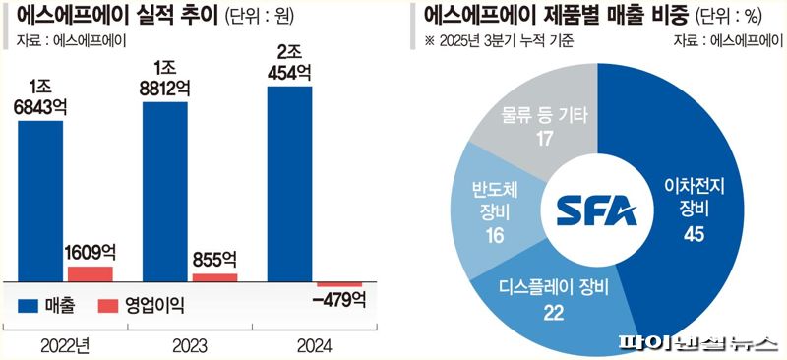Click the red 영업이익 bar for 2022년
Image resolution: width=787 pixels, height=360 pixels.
coord(90,273)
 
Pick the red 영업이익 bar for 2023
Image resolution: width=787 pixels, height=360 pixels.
coord(214,277)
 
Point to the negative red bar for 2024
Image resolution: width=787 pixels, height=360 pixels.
coord(339,284)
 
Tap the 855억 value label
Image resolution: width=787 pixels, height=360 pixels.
coord(213,260)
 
